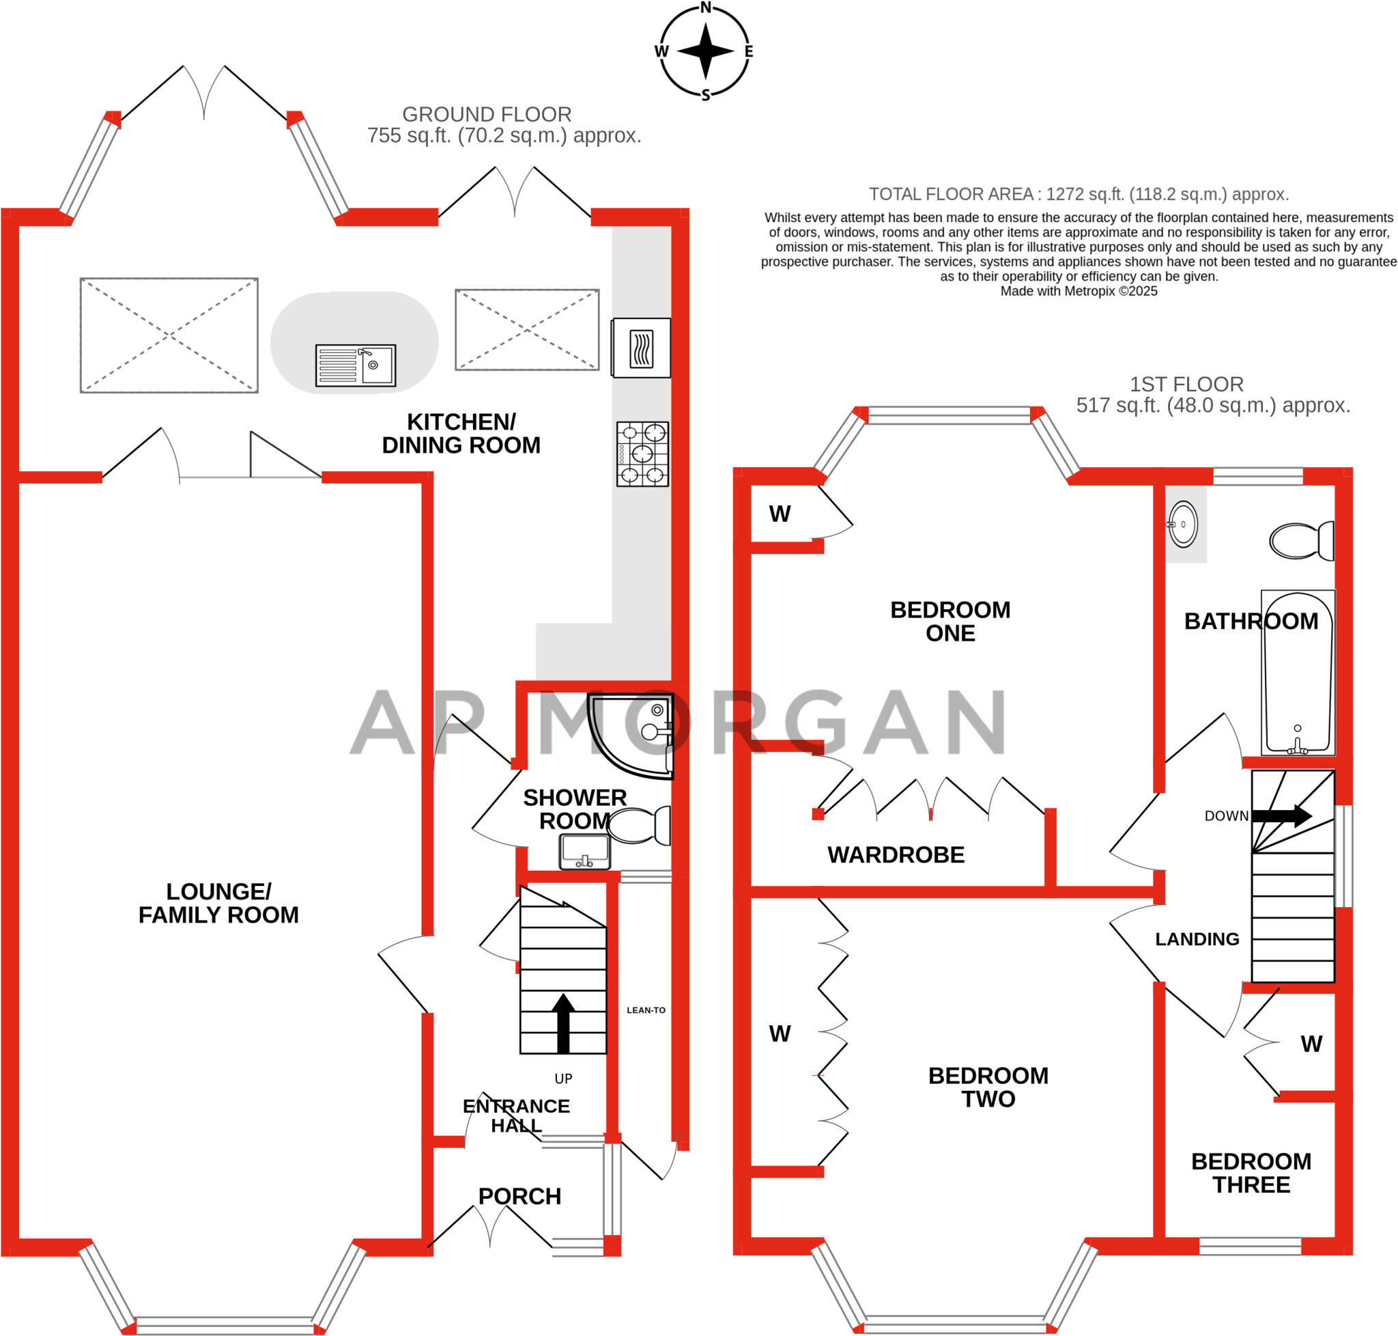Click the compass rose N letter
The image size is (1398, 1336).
704,8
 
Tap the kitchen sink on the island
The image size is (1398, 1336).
355,365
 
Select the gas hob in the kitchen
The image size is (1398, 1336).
642,454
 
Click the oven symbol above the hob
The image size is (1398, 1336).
640,348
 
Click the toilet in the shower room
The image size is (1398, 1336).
639,824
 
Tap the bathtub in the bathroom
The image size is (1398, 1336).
1297,671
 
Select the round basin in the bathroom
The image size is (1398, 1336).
1182,524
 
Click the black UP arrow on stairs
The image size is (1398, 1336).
563,1022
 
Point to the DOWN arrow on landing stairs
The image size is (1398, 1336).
1281,816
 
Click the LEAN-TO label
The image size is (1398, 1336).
646,1010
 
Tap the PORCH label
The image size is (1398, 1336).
519,1197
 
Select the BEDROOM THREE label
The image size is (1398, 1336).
1251,1173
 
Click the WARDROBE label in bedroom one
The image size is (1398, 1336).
896,854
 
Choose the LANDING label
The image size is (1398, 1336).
1197,939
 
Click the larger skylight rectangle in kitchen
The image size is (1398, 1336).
169,335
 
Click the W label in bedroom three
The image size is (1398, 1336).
1311,1044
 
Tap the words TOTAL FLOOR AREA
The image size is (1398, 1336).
951,195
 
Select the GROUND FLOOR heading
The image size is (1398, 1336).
487,114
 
